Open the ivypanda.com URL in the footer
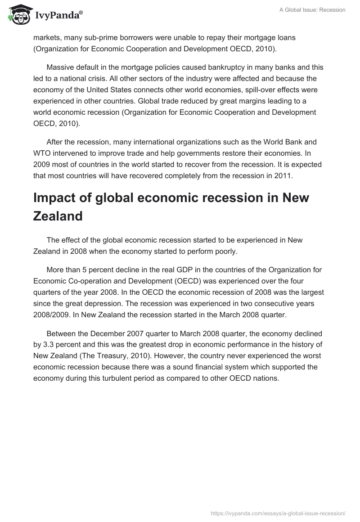278,513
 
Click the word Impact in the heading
59,198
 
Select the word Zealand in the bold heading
58,216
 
